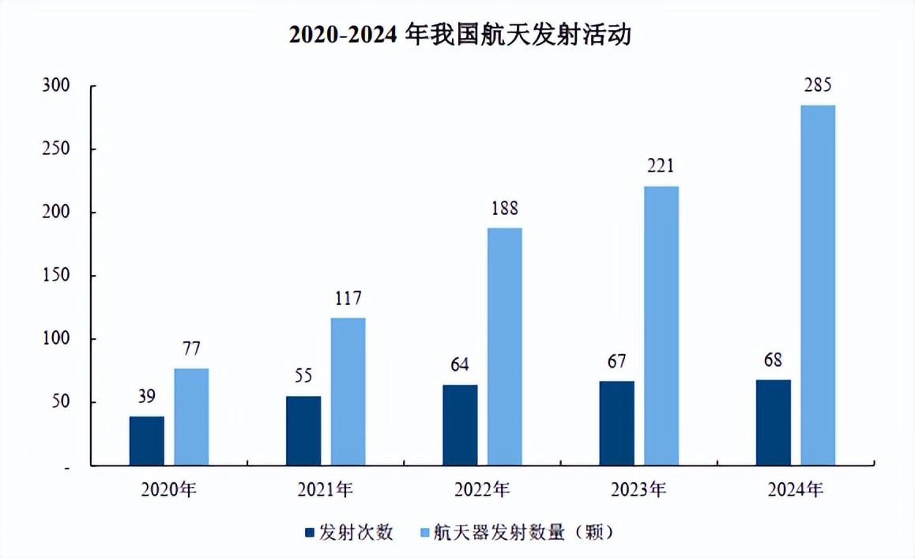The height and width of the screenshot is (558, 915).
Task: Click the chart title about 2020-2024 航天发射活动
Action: [x=459, y=36]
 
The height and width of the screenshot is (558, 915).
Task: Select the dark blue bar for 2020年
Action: [x=147, y=441]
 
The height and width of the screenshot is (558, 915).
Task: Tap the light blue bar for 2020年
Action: [x=192, y=417]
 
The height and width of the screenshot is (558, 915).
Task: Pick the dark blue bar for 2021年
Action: [x=303, y=431]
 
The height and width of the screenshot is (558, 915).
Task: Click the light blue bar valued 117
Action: [x=348, y=392]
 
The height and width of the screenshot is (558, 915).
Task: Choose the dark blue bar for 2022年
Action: [x=460, y=425]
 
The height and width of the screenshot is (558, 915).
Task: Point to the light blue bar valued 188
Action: [x=505, y=347]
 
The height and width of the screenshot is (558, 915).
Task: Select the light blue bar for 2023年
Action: [x=661, y=326]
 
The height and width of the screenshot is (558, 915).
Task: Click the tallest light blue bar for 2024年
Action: [x=818, y=285]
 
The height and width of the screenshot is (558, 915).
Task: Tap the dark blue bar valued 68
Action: [x=773, y=423]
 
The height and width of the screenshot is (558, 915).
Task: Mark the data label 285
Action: [x=817, y=85]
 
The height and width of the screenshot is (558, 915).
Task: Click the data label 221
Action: [x=661, y=166]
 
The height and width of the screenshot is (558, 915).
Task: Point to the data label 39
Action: [x=147, y=397]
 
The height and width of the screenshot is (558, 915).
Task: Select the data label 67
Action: [x=616, y=362]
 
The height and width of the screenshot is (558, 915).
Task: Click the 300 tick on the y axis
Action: [x=56, y=86]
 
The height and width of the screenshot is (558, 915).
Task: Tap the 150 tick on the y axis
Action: [x=56, y=276]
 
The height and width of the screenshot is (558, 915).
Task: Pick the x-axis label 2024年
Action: [x=795, y=490]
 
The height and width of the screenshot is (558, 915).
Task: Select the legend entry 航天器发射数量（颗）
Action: [x=516, y=532]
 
